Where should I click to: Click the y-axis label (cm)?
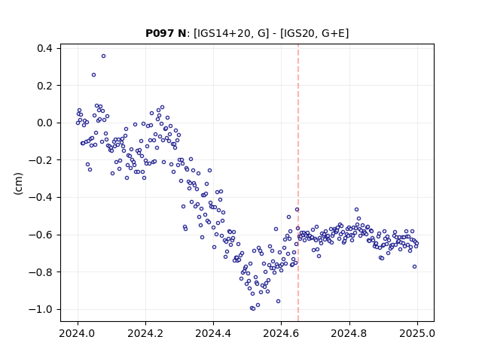[x=18, y=184]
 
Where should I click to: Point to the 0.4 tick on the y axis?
[x=44, y=48]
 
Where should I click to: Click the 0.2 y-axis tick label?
[x=44, y=86]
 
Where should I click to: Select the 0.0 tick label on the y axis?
[x=44, y=123]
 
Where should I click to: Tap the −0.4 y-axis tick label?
[x=41, y=197]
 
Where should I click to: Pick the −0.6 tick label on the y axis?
[x=41, y=235]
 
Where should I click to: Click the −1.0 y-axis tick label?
[x=41, y=309]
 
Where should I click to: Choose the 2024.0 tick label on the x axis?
[x=78, y=333]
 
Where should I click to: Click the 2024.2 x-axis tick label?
[x=145, y=333]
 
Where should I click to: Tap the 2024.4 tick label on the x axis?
[x=213, y=333]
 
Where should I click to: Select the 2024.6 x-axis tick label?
[x=281, y=333]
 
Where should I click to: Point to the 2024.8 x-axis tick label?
[x=349, y=333]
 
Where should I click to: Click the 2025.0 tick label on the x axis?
[x=417, y=333]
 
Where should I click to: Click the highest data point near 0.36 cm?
[x=104, y=56]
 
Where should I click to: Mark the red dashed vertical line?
[x=298, y=183]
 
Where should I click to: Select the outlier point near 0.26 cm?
[x=93, y=75]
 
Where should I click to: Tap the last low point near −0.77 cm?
[x=414, y=267]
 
